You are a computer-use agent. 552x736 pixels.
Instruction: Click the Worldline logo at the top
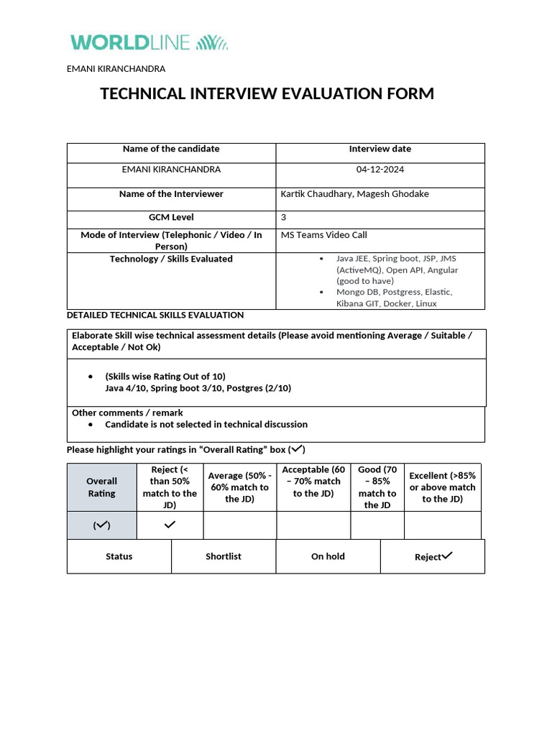tap(149, 42)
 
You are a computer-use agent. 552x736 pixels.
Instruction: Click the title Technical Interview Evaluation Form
tap(267, 93)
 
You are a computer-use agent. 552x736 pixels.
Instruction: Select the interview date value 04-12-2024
tap(380, 170)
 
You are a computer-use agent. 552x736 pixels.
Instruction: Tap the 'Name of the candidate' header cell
tap(171, 149)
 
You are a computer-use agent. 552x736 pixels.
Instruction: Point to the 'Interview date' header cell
tap(380, 149)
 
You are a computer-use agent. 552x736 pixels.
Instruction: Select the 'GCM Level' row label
tap(171, 217)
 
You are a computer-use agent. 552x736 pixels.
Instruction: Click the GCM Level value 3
tap(283, 217)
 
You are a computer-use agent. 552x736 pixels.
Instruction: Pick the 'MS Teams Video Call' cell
tap(323, 235)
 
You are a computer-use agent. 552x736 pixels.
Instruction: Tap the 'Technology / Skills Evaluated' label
tap(171, 259)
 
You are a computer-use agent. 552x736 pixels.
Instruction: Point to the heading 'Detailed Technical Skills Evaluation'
tap(155, 315)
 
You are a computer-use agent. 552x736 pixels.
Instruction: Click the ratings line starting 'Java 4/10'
tap(198, 388)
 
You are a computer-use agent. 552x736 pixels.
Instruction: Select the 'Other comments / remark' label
tap(127, 413)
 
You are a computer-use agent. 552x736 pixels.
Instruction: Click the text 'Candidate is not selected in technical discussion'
tap(206, 425)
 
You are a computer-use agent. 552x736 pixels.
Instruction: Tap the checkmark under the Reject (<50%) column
tap(170, 525)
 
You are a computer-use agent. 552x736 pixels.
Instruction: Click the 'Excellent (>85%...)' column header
tap(442, 487)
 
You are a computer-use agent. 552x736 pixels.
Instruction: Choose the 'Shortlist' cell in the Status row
tap(224, 556)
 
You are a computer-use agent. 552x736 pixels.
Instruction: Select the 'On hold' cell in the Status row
tap(328, 556)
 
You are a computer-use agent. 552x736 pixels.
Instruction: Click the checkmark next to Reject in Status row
tap(447, 555)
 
